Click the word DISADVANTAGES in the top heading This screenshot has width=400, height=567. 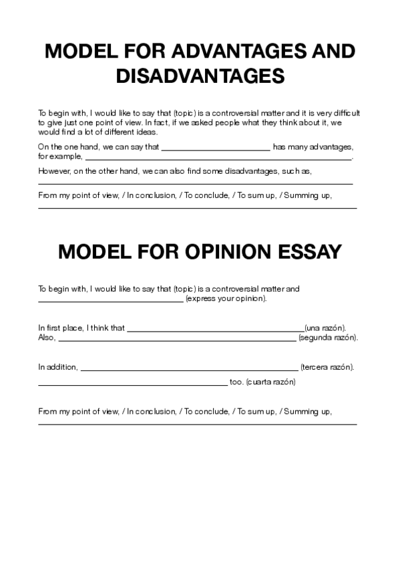200,76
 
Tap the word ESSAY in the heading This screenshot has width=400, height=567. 309,252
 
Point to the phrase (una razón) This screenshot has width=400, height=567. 325,328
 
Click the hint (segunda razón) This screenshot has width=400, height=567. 329,338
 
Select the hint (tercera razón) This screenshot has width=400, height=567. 327,367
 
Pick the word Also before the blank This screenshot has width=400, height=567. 46,338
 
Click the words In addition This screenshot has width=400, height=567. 57,367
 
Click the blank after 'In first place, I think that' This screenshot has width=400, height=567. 215,329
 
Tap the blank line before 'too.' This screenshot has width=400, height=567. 132,384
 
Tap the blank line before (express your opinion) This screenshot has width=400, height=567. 110,300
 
